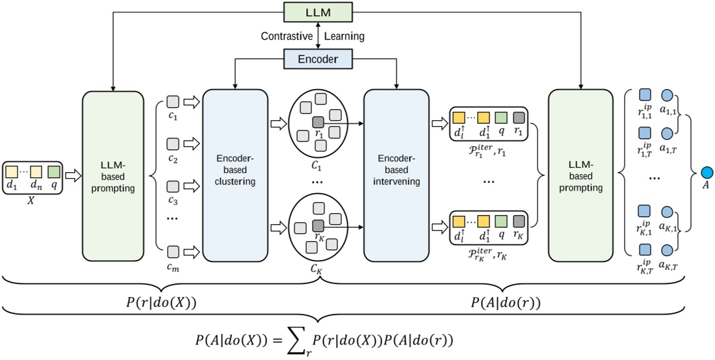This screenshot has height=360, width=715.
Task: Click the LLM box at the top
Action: (317, 11)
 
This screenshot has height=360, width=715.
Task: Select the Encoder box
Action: (317, 59)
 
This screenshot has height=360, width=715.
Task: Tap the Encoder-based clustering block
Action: (235, 174)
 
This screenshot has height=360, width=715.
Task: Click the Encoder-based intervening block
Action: (396, 174)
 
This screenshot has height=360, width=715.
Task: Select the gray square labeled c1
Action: (173, 101)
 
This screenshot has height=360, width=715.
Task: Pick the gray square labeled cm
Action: (173, 251)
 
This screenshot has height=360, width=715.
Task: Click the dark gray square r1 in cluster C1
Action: (318, 122)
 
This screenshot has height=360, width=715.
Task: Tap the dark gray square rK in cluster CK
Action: (318, 225)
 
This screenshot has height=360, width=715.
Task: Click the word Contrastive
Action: (287, 36)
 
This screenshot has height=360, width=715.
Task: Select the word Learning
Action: (345, 36)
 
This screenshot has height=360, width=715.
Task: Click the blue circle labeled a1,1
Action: (666, 94)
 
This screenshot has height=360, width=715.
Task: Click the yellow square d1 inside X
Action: (12, 172)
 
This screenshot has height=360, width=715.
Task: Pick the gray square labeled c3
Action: (173, 185)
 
